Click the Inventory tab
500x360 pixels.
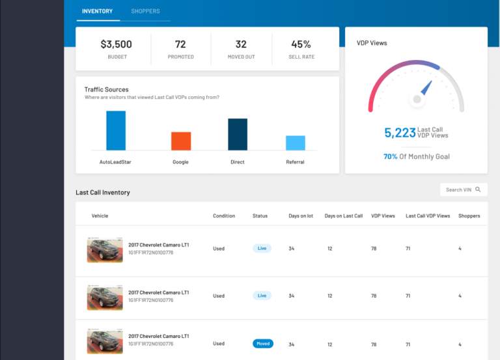coord(97,11)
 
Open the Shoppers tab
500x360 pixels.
coord(145,11)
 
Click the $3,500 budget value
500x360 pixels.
coord(116,44)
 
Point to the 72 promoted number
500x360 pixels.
coord(180,44)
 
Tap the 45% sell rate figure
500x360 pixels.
coord(301,44)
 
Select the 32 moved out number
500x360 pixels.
coord(241,44)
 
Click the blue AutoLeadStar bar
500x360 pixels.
coord(116,130)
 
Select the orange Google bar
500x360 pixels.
coord(181,141)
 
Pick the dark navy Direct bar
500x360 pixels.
coord(238,134)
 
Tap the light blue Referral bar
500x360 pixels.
coord(295,143)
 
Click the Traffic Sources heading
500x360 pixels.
coord(106,89)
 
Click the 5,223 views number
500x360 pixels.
coord(399,133)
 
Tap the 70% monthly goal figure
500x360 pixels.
coord(390,156)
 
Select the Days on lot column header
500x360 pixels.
coord(301,215)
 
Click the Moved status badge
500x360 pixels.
coord(262,343)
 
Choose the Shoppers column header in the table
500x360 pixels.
coord(469,215)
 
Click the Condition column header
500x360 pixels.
coord(224,215)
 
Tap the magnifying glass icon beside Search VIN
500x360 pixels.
coord(478,189)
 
